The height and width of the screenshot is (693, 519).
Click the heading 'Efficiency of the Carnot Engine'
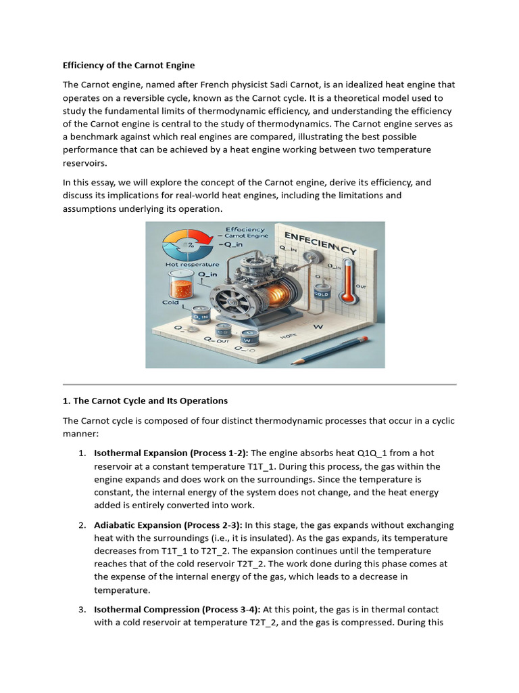coord(128,66)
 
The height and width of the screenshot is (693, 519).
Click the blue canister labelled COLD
coord(322,295)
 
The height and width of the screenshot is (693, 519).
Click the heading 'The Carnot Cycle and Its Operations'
coord(145,401)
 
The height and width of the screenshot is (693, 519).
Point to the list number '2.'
coord(82,525)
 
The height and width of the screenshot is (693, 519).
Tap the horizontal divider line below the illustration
coord(259,384)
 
